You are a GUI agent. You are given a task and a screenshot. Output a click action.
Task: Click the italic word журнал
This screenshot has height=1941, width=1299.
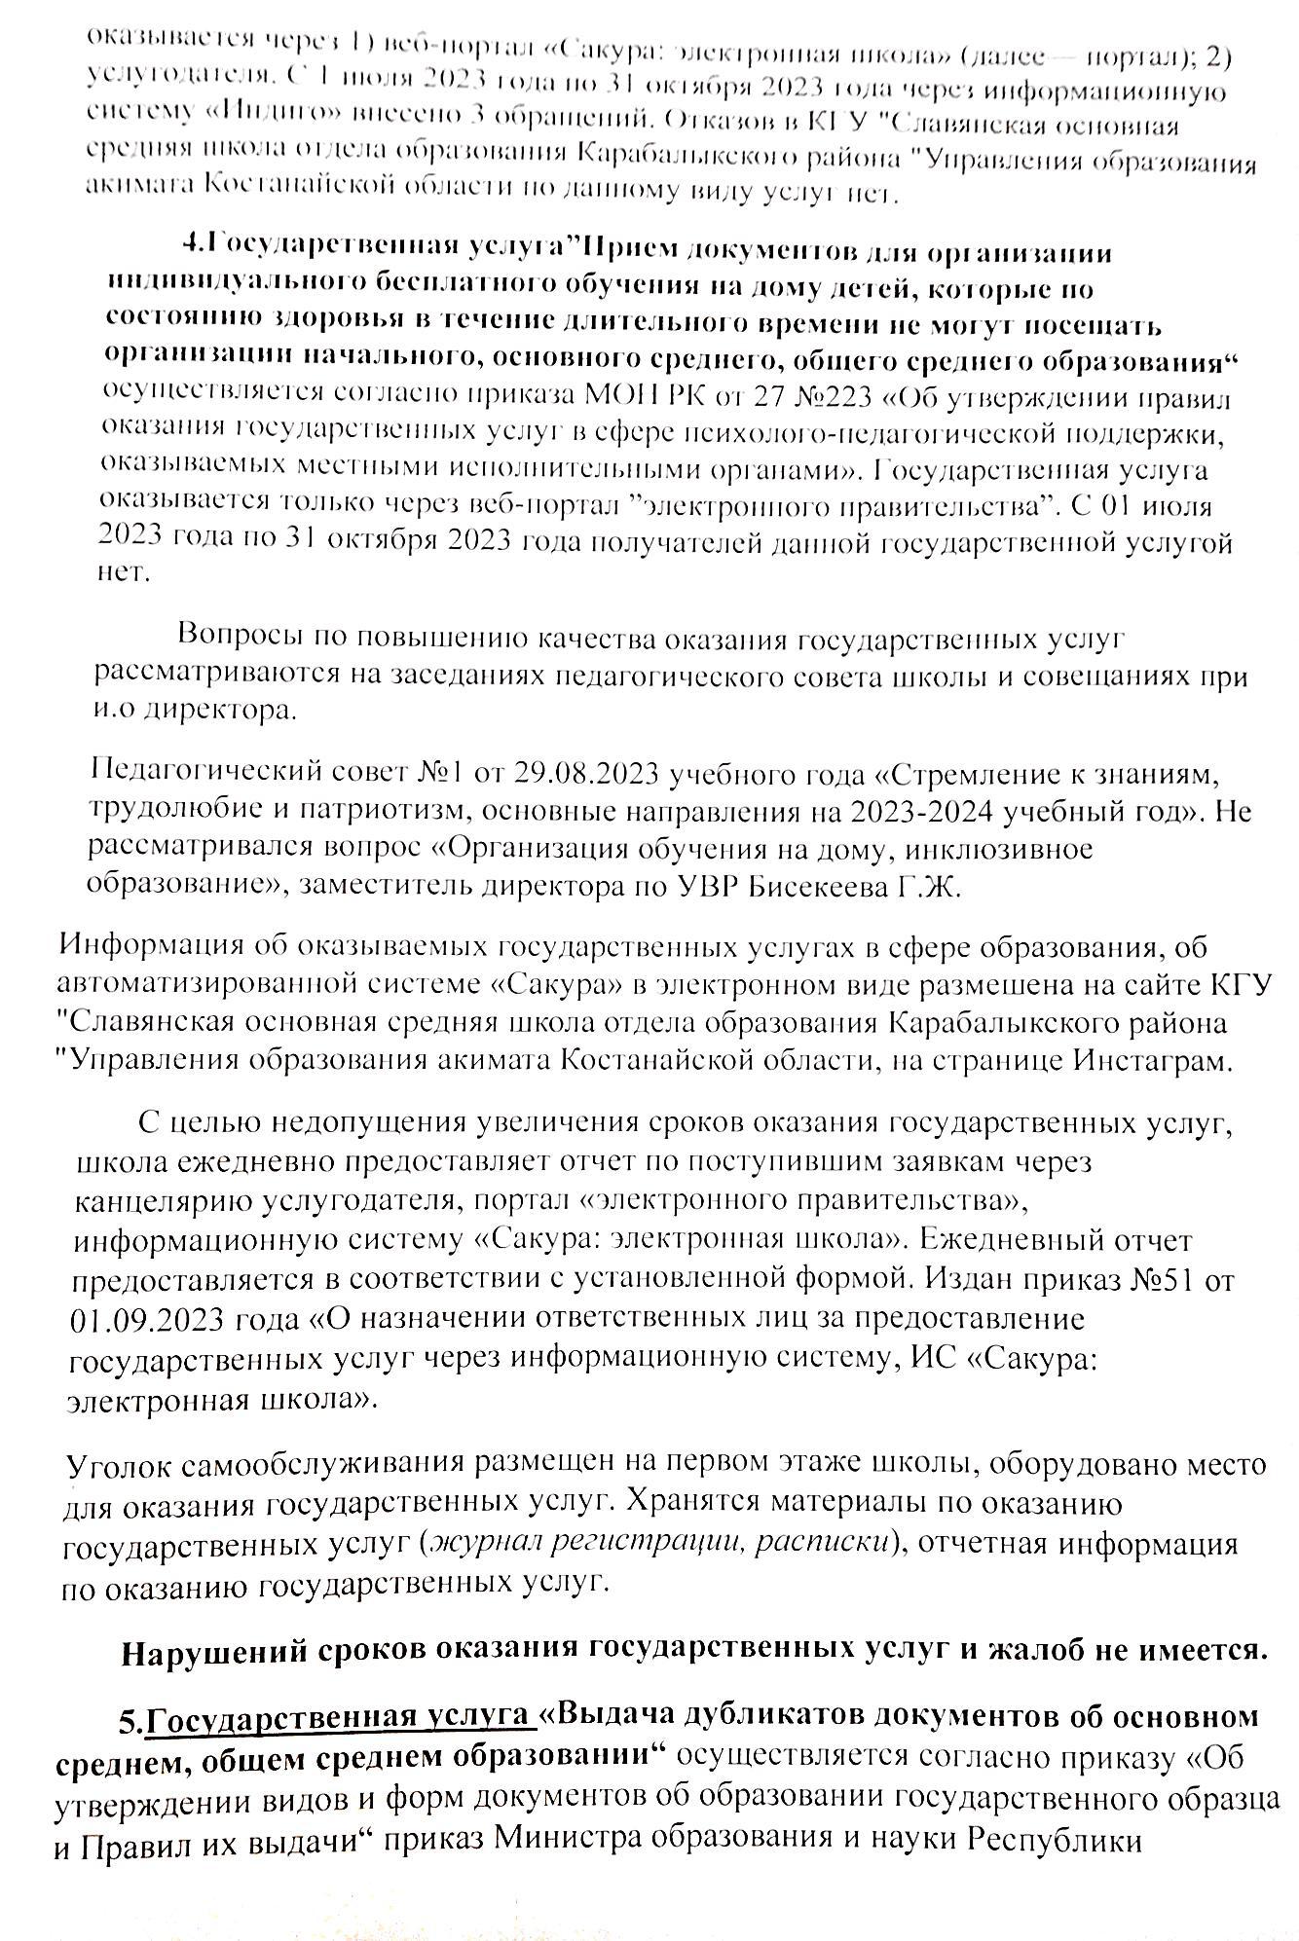(x=484, y=1543)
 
